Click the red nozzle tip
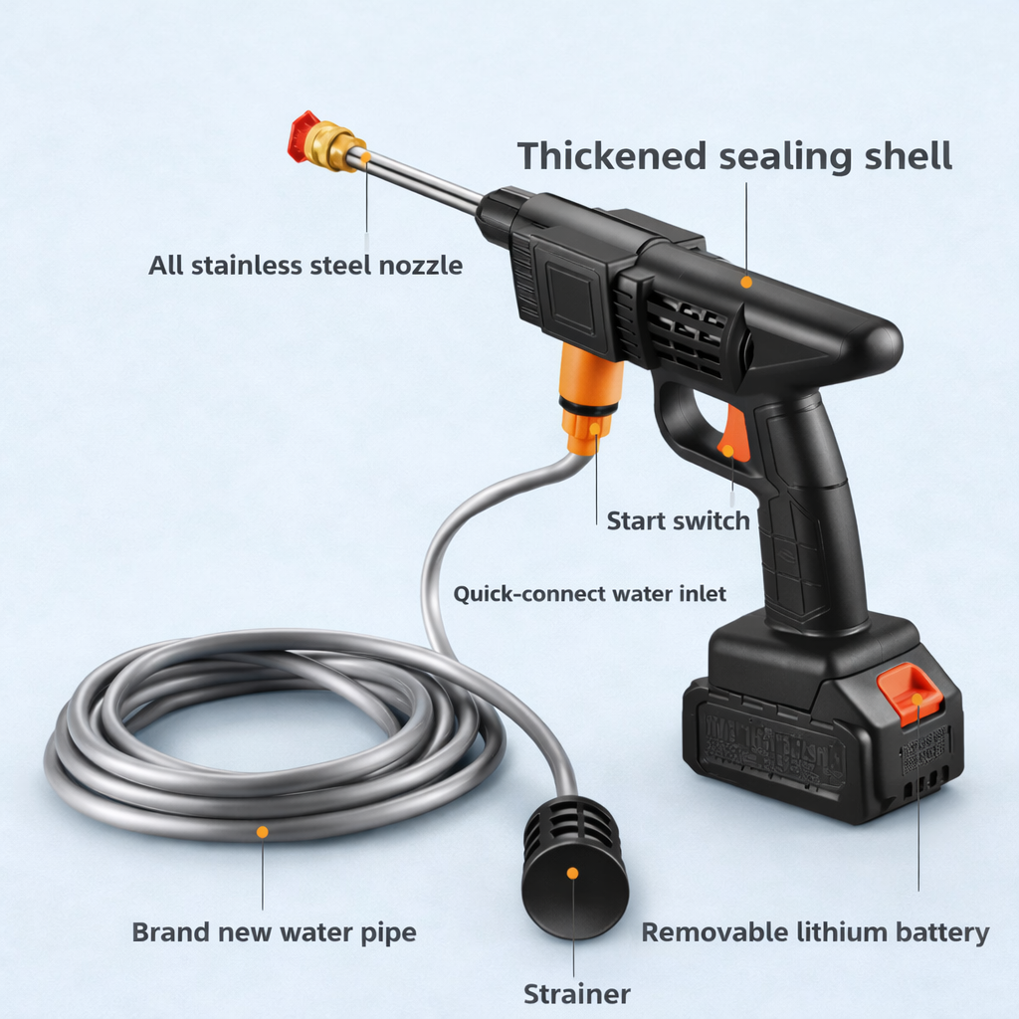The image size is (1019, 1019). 300,136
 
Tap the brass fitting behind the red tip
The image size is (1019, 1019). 330,145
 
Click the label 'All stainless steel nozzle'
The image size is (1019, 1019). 306,266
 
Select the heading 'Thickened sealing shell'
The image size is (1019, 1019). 734,156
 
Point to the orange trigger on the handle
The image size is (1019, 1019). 734,433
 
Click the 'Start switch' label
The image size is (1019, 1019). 678,520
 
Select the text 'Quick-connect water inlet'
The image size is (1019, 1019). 590,594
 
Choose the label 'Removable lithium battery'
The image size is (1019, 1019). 814,932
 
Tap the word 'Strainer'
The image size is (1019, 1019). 577,993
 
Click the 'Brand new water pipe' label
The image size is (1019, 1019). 274,932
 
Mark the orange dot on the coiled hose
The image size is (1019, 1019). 263,831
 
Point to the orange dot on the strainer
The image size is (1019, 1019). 572,873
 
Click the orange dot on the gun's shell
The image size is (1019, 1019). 746,283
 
